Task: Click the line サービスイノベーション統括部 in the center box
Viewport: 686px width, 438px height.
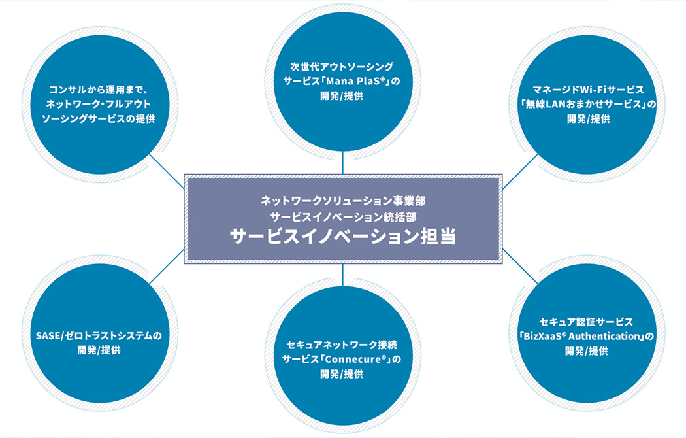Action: point(343,215)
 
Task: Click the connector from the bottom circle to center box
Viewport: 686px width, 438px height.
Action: point(343,275)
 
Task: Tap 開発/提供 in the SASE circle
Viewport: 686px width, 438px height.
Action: point(98,351)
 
